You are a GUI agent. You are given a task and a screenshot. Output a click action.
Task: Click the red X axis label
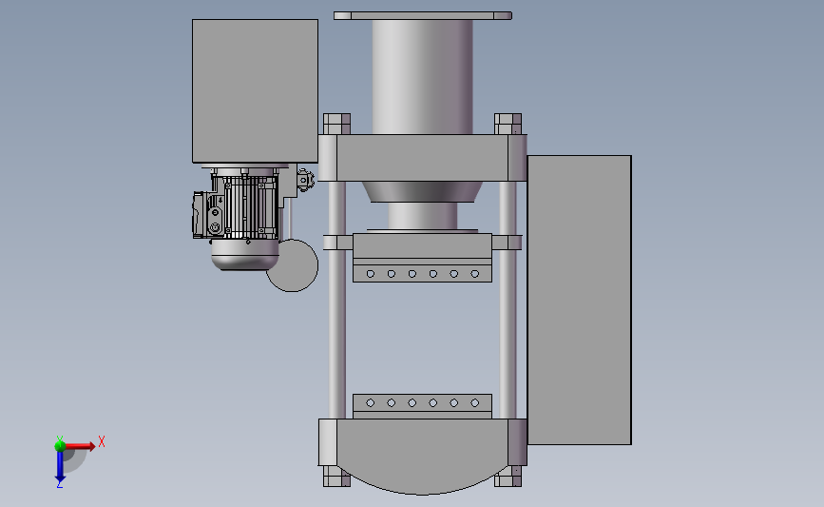pos(102,441)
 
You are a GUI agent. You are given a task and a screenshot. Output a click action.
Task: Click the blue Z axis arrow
pos(60,466)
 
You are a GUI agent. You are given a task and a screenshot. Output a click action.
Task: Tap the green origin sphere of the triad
pos(60,446)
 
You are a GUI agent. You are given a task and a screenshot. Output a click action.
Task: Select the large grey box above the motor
pos(255,91)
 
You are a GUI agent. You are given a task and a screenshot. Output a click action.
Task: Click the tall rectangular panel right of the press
pos(579,300)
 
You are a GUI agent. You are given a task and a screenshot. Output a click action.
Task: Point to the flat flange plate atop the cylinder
pos(423,16)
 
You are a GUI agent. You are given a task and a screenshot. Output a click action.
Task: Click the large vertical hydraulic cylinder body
pos(423,77)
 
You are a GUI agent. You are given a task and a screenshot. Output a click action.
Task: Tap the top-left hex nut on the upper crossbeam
pos(336,124)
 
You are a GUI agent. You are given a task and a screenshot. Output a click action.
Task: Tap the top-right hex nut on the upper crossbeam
pos(508,124)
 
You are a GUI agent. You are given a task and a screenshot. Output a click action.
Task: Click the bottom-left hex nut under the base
pos(336,477)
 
